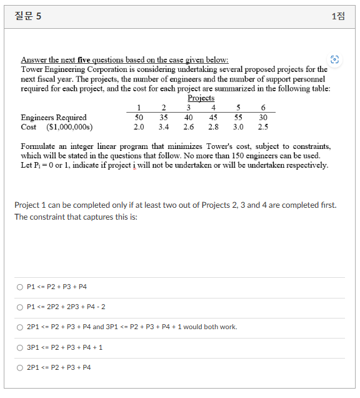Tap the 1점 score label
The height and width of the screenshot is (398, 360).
click(337, 16)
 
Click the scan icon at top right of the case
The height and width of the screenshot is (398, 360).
click(336, 59)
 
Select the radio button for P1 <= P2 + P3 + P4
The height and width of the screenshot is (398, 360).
click(20, 287)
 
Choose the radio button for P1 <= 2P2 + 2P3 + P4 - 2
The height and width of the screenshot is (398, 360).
click(20, 307)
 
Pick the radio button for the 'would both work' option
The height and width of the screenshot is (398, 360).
click(20, 327)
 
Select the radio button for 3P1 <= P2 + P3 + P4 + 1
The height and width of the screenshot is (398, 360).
click(20, 347)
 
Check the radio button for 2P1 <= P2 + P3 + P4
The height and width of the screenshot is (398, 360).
click(20, 367)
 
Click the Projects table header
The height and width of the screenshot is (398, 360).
click(201, 98)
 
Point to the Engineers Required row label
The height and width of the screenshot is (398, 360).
click(54, 117)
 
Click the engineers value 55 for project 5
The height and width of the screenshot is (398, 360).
click(238, 117)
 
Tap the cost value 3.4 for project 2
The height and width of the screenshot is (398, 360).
click(164, 127)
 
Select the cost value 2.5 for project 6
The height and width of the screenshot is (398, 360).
click(263, 127)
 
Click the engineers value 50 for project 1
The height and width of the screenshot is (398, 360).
click(139, 117)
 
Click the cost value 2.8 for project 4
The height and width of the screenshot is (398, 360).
click(213, 127)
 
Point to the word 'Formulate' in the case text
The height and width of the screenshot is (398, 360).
click(39, 146)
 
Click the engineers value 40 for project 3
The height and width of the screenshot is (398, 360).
click(188, 117)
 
